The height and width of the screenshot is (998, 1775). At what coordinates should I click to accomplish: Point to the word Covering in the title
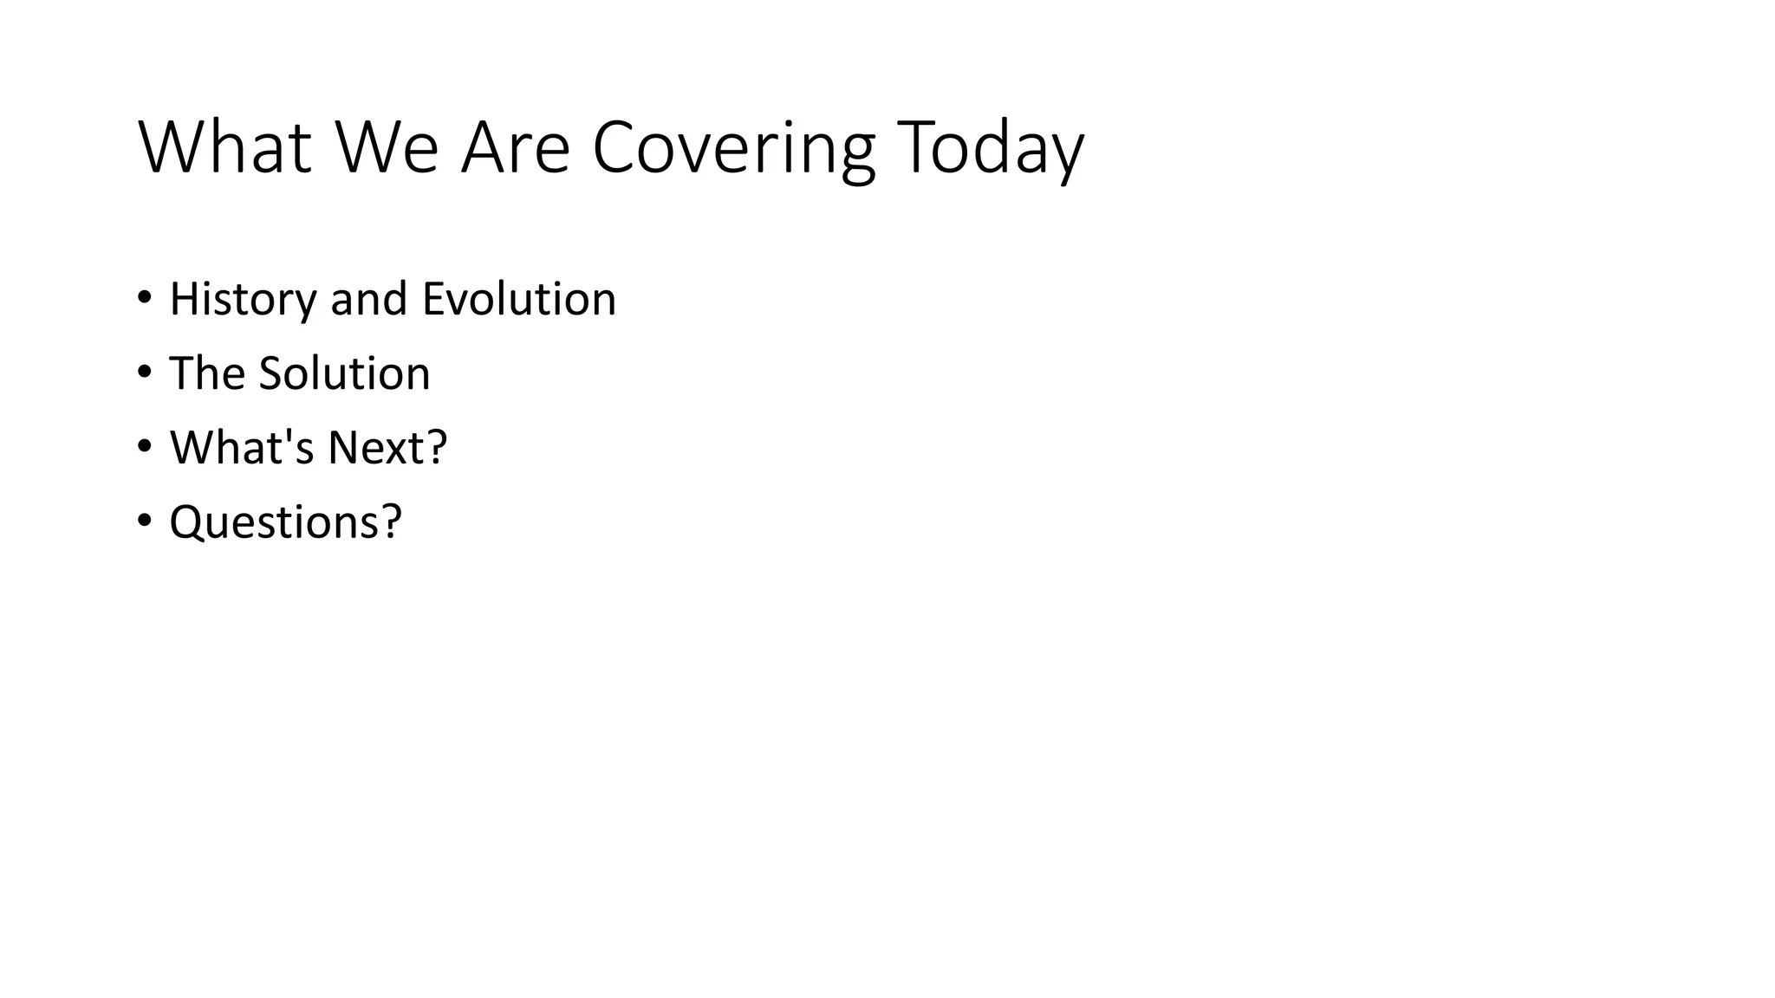(733, 149)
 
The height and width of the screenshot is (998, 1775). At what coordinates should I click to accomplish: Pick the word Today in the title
(990, 149)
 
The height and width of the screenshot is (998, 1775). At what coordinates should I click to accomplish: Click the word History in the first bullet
(244, 300)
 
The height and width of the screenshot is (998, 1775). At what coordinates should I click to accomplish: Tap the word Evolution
(518, 299)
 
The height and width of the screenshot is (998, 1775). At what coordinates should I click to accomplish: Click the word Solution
(344, 373)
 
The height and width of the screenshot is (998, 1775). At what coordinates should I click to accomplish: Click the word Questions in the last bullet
(274, 522)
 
